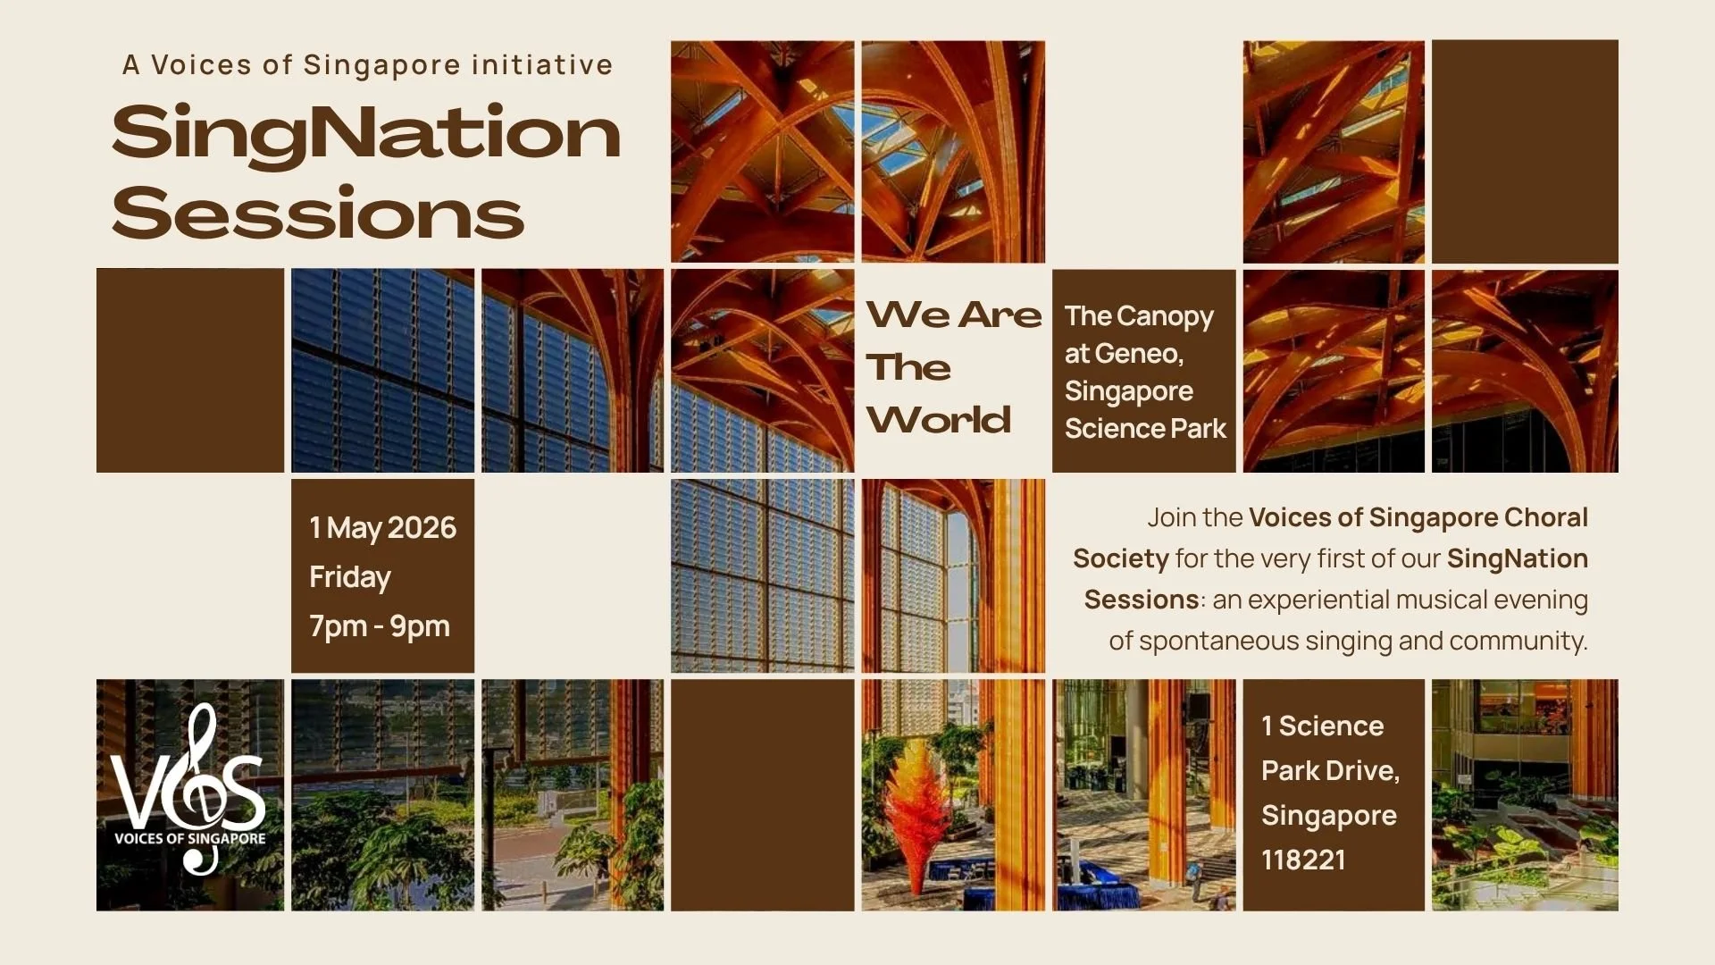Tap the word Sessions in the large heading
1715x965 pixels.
pos(318,214)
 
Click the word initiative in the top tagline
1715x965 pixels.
pos(542,65)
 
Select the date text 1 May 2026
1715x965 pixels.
pos(382,528)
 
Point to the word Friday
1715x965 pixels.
pos(350,577)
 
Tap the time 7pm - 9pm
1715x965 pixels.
pos(380,626)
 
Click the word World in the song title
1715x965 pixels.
pos(939,420)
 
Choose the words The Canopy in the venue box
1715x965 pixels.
pos(1139,316)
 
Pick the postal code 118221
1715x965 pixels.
pos(1303,860)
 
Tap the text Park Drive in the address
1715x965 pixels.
pos(1329,770)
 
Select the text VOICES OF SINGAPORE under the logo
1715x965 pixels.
pos(189,839)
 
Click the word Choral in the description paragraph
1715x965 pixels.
pos(1546,517)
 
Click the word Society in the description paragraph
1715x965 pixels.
pos(1121,558)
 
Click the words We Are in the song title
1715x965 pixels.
pos(954,315)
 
